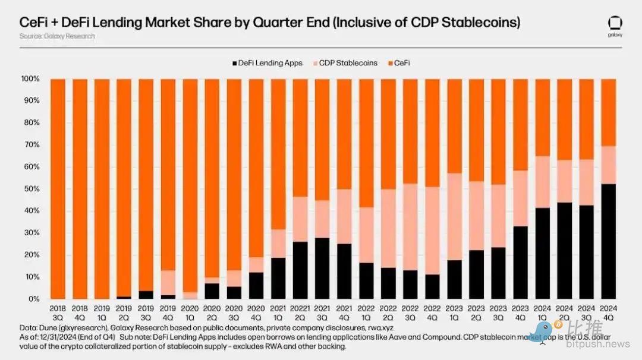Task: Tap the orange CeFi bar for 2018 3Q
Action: click(x=58, y=189)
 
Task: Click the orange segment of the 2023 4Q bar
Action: click(x=520, y=125)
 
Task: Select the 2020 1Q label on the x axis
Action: click(x=190, y=313)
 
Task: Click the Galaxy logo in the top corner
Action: click(x=615, y=25)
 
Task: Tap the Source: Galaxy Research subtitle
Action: click(x=57, y=36)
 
